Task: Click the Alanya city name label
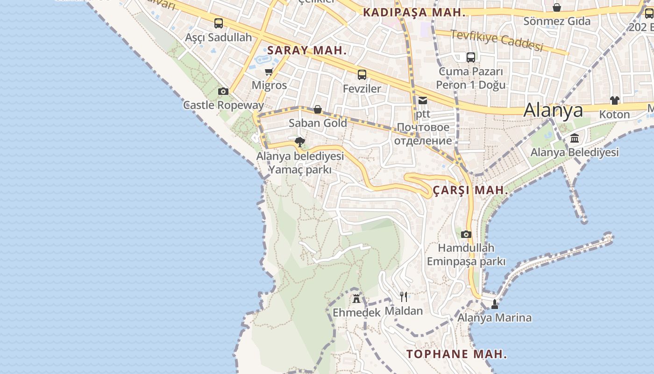point(553,110)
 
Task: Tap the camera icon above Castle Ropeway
point(223,91)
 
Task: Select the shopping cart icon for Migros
point(269,72)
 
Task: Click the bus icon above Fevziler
point(362,74)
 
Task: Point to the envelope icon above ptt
point(423,100)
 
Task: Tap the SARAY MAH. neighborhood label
point(307,50)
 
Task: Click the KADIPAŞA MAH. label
point(414,13)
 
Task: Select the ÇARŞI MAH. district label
point(470,190)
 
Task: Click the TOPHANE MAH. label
point(456,354)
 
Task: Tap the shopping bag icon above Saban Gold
point(318,109)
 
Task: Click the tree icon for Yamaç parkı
point(300,142)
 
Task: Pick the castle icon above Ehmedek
point(356,298)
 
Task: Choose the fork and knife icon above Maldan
point(404,296)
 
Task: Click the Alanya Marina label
point(494,318)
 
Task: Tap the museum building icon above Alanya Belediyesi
point(575,138)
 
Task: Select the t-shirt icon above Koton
point(614,101)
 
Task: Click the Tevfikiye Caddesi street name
point(497,40)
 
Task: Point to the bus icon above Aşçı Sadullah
point(218,23)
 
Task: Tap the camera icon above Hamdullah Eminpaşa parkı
point(466,234)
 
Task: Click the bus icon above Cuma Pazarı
point(471,58)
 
